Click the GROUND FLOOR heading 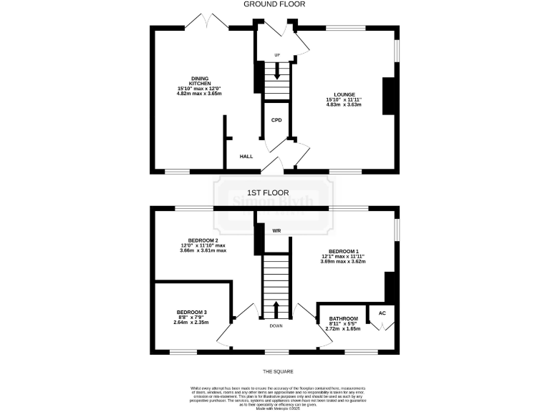click(274, 4)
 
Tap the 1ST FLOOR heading click(268, 192)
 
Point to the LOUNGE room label click(344, 94)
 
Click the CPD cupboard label click(276, 120)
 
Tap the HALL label click(246, 156)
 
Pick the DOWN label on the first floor click(276, 326)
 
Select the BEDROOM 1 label click(343, 252)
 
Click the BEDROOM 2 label click(203, 240)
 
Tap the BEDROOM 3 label click(191, 312)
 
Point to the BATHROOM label click(343, 318)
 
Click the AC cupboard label click(382, 313)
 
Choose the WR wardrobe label click(276, 230)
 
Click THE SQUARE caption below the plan click(278, 372)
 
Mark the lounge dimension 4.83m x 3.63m click(344, 105)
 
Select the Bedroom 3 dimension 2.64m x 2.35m click(190, 323)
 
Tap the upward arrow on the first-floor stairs click(276, 308)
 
